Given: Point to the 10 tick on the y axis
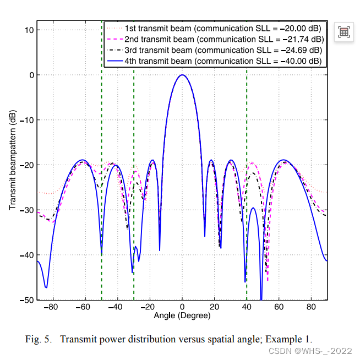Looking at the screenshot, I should [x=29, y=30].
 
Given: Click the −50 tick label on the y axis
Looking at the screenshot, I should [x=26, y=300].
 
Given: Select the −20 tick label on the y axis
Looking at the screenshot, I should [x=26, y=165].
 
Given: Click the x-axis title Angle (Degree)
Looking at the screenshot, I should [x=182, y=317].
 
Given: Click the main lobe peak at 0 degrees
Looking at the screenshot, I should [x=182, y=75].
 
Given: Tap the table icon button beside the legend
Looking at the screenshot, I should [x=344, y=32].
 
